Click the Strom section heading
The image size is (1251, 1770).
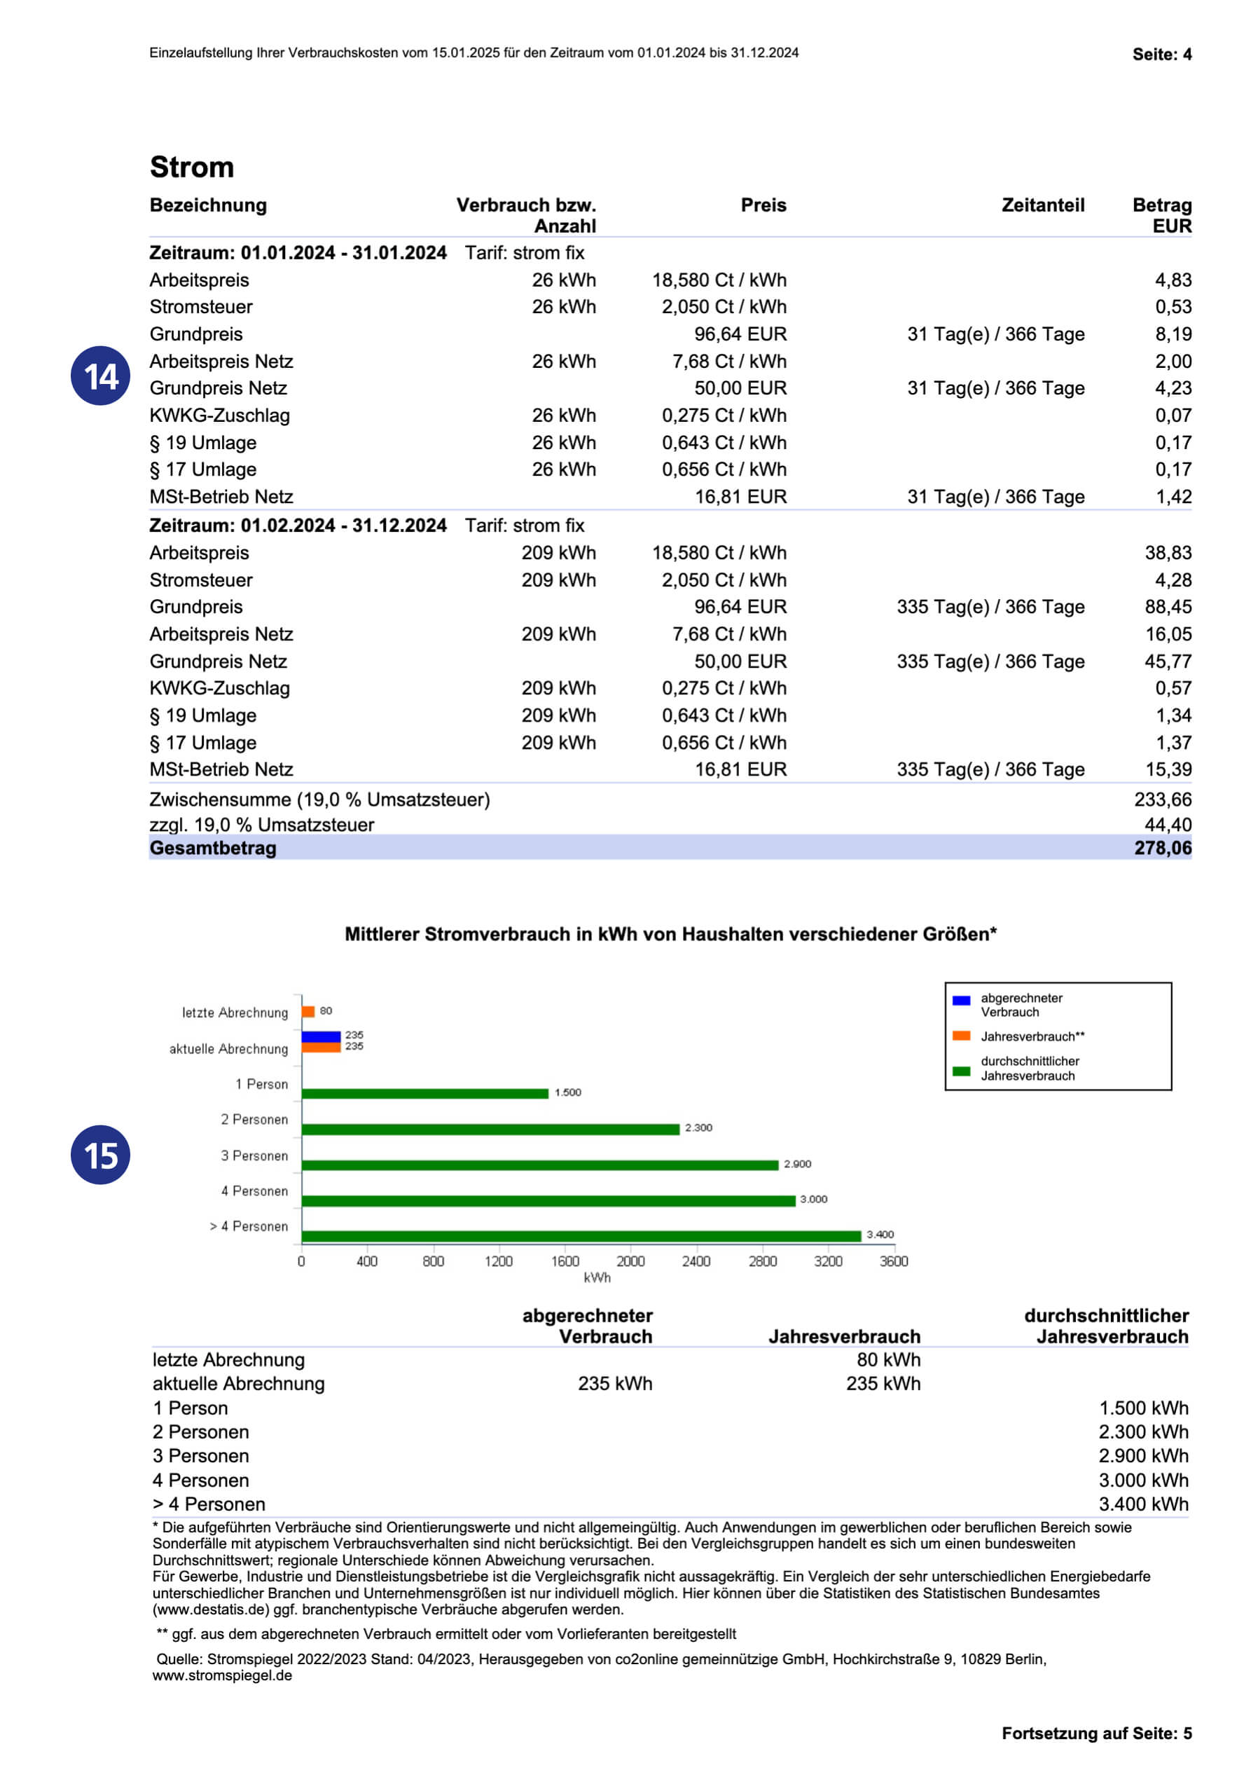click(191, 167)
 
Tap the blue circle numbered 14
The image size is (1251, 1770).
click(100, 376)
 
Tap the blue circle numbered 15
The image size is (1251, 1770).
click(100, 1154)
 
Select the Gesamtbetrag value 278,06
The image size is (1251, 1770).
click(1161, 848)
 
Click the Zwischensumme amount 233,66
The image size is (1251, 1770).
click(1161, 800)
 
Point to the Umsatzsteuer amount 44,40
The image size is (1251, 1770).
click(1167, 824)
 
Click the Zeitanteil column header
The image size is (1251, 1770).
click(1042, 205)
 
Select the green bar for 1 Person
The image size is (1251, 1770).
click(424, 1093)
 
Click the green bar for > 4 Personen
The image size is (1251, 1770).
click(581, 1236)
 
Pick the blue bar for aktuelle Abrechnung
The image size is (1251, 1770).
click(321, 1036)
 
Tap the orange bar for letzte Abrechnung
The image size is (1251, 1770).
click(308, 1011)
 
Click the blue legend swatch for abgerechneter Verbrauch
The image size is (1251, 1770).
click(961, 1001)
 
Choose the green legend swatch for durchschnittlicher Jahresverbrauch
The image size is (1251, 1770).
click(961, 1071)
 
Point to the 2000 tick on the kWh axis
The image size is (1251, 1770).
click(630, 1261)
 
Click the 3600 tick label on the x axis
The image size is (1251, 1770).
click(893, 1261)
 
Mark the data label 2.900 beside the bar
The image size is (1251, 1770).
click(797, 1164)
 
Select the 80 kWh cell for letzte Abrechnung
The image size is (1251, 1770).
click(888, 1359)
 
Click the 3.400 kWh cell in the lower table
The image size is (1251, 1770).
click(1143, 1503)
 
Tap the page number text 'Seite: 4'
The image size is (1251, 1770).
click(1161, 54)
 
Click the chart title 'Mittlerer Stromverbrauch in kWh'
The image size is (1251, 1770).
click(670, 934)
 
